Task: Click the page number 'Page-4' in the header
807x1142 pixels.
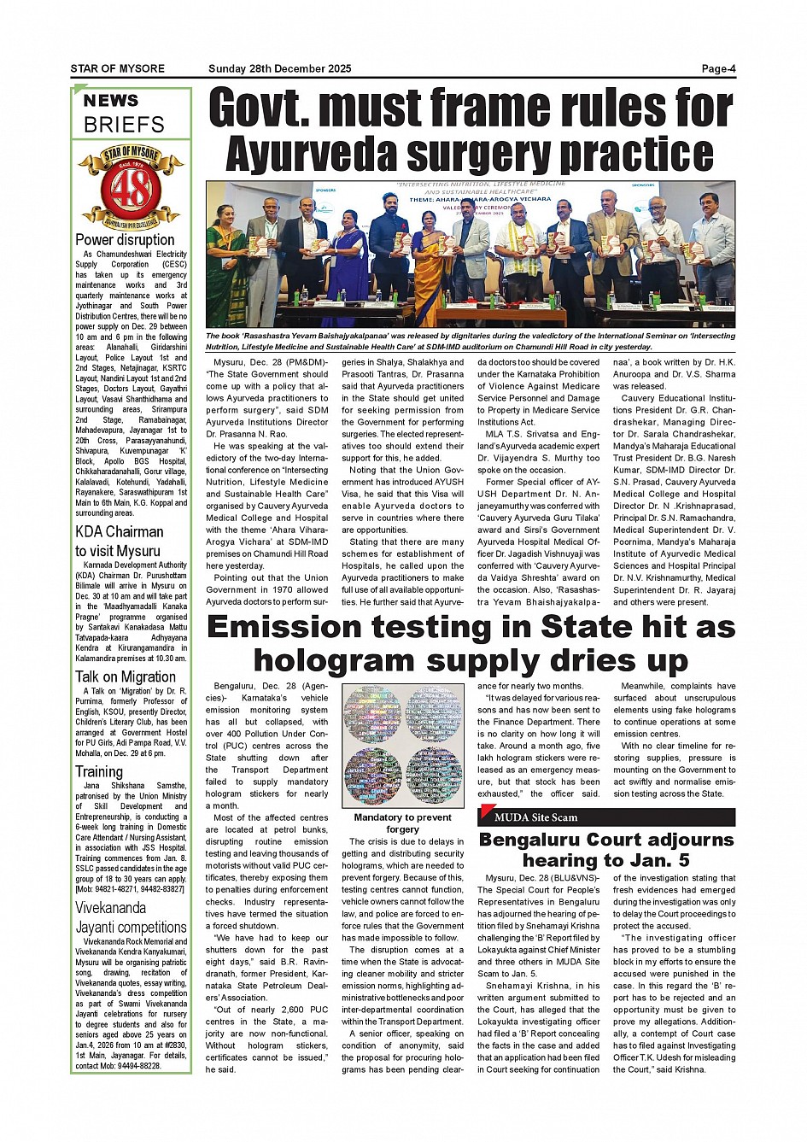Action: tap(718, 69)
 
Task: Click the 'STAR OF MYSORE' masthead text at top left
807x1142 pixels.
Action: tap(117, 69)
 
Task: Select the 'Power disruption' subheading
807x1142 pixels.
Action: tap(125, 240)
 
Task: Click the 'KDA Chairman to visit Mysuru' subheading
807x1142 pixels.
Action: tap(119, 541)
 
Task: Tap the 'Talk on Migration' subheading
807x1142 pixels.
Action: tap(125, 677)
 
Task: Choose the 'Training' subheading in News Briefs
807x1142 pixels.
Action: tap(99, 771)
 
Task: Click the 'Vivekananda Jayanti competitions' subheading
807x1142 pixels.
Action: tap(131, 917)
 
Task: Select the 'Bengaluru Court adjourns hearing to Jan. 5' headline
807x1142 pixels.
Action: tap(605, 849)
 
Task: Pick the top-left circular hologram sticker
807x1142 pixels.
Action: tap(372, 714)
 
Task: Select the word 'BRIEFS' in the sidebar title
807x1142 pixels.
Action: tap(124, 125)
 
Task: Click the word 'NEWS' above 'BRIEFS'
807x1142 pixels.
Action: tap(111, 101)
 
